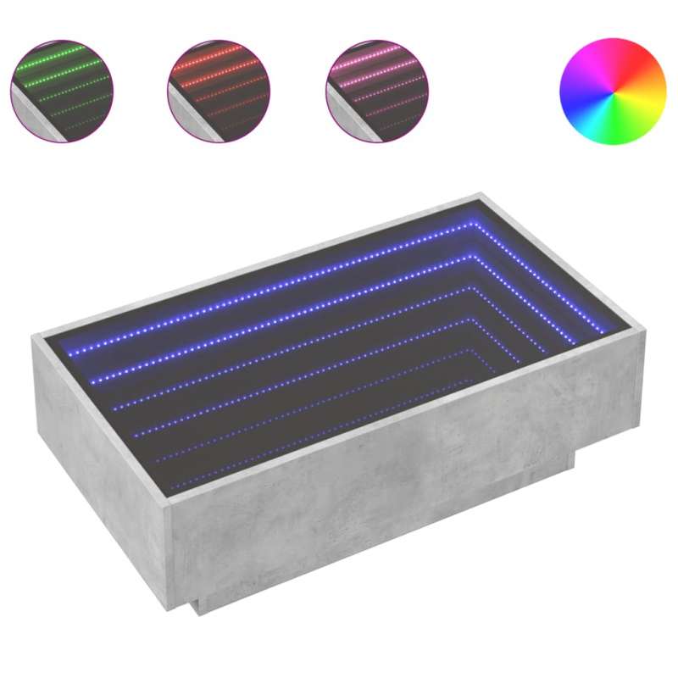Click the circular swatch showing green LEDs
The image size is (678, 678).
pyautogui.click(x=62, y=90)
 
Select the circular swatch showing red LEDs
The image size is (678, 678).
pyautogui.click(x=219, y=90)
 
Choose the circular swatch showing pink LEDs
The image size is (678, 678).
pyautogui.click(x=376, y=90)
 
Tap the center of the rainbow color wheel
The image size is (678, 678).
pyautogui.click(x=613, y=91)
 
